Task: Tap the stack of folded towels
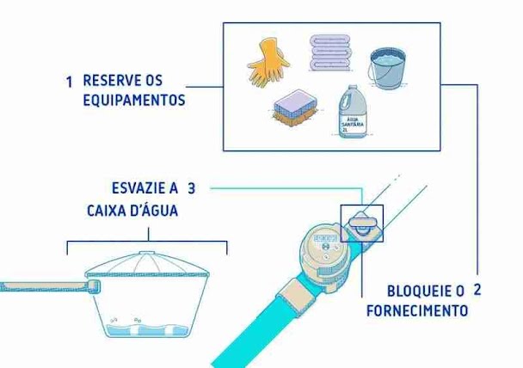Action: [329, 52]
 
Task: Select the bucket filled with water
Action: [387, 68]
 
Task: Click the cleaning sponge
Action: [295, 107]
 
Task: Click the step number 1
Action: [69, 82]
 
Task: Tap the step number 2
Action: [477, 290]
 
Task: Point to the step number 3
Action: [192, 188]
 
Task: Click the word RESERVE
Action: [112, 80]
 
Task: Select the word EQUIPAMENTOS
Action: [133, 100]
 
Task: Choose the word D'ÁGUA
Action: [157, 210]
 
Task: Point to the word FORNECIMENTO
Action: [417, 311]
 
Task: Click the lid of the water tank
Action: [147, 266]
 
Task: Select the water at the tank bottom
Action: [147, 329]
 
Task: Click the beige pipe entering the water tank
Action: [50, 287]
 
